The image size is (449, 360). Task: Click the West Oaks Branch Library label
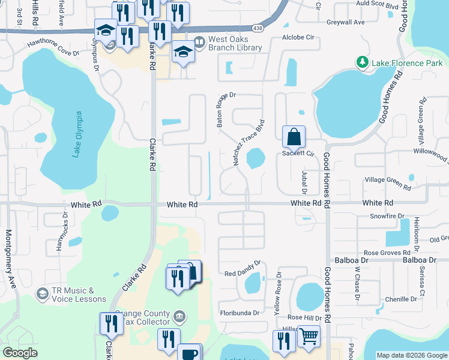(235, 43)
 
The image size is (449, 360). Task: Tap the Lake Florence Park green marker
(362, 62)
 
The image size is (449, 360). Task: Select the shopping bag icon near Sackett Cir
(294, 137)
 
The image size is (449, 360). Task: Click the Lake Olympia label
(77, 134)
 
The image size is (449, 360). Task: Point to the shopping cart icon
(309, 337)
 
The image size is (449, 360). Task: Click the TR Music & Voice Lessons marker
(42, 293)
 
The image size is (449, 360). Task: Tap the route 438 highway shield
(258, 28)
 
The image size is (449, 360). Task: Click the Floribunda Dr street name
(240, 313)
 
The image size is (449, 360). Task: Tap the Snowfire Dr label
(387, 215)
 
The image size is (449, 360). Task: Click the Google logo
(20, 353)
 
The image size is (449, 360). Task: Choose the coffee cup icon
(190, 354)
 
